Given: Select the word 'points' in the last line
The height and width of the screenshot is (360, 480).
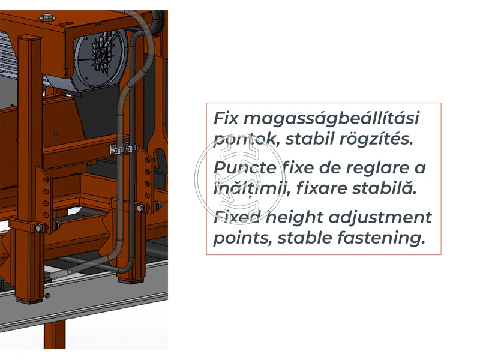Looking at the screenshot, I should pyautogui.click(x=239, y=238).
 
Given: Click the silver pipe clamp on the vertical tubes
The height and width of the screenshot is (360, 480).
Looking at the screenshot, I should pyautogui.click(x=121, y=148).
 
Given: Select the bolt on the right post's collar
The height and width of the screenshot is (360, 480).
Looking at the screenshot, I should pyautogui.click(x=140, y=208).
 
